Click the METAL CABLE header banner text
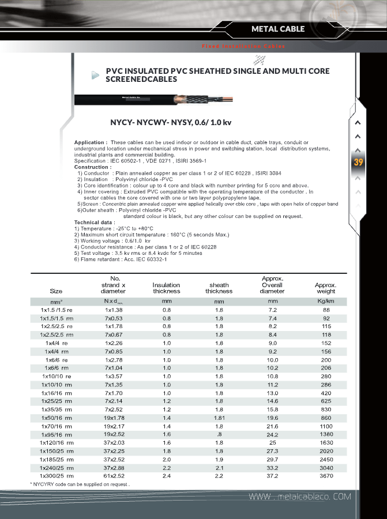point(278,29)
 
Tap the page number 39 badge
point(358,162)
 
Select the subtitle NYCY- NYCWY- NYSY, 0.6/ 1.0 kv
point(171,122)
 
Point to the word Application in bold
point(90,142)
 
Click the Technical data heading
point(95,222)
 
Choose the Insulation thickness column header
point(166,288)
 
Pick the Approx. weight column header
point(325,288)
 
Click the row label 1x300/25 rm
point(57,476)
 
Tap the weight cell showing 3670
point(326,476)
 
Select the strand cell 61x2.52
point(115,476)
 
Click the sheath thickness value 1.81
point(219,418)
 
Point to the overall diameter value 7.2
point(273,310)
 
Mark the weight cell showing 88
point(326,310)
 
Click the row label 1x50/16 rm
point(57,418)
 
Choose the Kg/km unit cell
point(326,301)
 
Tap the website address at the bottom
point(299,497)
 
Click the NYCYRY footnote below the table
point(80,484)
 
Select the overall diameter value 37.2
point(273,476)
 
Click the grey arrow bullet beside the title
point(96,74)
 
